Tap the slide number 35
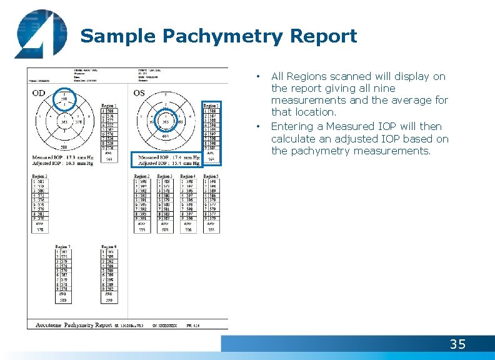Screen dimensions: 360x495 457,344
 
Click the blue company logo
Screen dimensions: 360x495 39,34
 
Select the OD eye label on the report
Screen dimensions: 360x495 39,94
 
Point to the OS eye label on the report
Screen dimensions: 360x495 140,92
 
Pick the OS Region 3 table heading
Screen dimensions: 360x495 166,177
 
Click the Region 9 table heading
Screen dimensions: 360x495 108,247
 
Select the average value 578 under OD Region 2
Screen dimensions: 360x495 40,229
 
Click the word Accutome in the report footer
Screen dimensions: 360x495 49,325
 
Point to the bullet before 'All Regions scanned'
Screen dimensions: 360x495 259,77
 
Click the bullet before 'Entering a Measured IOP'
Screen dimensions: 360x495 259,127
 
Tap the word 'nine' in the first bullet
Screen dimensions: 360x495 386,88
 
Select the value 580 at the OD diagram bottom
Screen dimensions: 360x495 64,147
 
